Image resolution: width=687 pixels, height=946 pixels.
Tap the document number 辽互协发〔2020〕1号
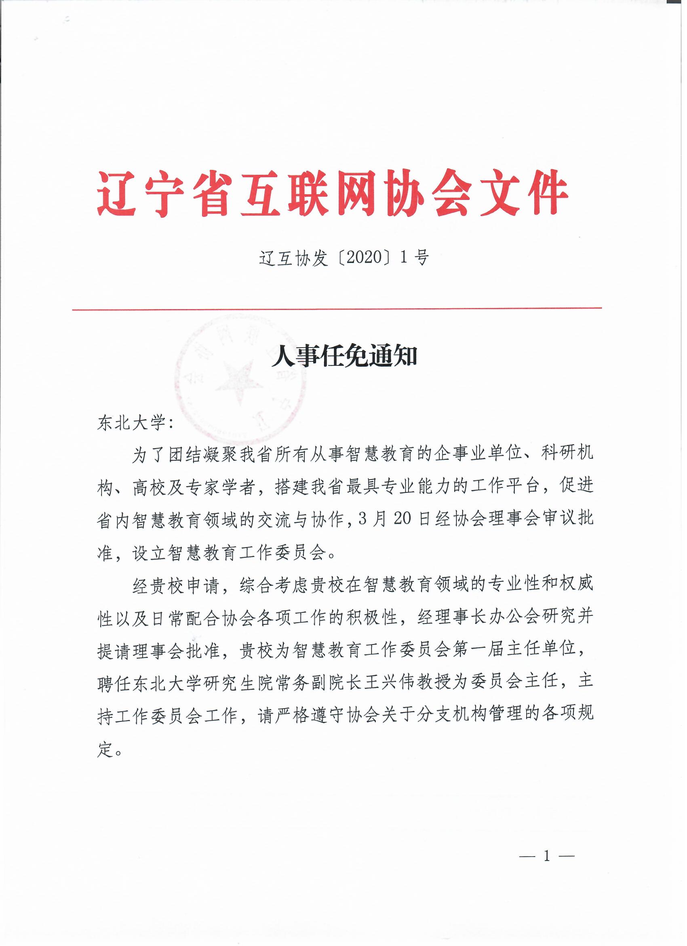click(344, 258)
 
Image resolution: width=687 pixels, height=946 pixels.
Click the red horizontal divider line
click(337, 309)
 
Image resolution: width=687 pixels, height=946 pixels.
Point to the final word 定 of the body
click(106, 750)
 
